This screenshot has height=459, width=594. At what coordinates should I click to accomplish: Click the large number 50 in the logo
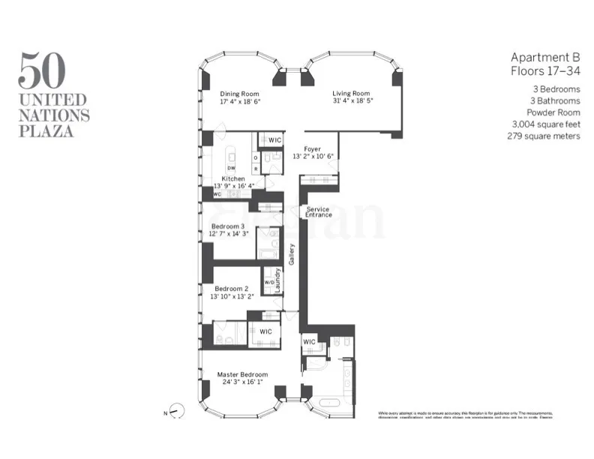pyautogui.click(x=41, y=70)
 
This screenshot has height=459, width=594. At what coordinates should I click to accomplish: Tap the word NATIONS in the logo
pyautogui.click(x=54, y=115)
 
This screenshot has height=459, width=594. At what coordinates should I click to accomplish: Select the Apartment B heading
pyautogui.click(x=545, y=57)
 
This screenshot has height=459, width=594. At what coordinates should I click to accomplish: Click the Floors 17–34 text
pyautogui.click(x=545, y=71)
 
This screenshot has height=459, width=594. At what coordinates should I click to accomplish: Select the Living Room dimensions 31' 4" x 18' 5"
pyautogui.click(x=353, y=101)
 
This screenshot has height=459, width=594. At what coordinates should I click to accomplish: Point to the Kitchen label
pyautogui.click(x=233, y=178)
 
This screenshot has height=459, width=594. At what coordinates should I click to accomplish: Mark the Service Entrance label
pyautogui.click(x=318, y=212)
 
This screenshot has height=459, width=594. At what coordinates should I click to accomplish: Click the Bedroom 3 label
pyautogui.click(x=228, y=226)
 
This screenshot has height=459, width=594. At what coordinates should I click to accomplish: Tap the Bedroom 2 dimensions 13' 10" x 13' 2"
pyautogui.click(x=234, y=295)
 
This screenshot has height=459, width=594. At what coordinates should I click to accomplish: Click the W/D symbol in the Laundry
pyautogui.click(x=268, y=283)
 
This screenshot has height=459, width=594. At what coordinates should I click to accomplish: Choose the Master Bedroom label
pyautogui.click(x=242, y=374)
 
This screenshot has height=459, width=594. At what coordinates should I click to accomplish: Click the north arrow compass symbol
pyautogui.click(x=177, y=410)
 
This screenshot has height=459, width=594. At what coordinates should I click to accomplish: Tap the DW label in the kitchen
pyautogui.click(x=232, y=168)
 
